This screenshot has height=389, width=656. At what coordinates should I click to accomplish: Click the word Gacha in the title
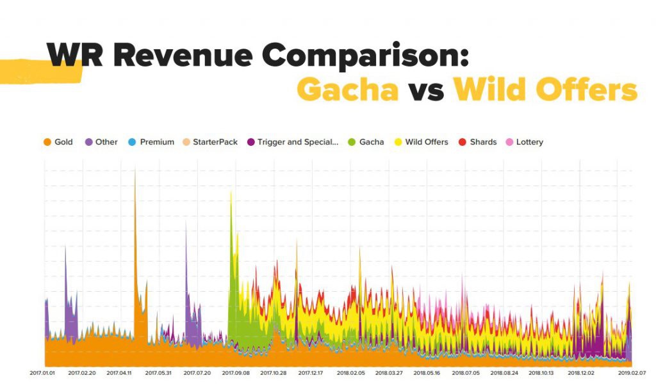347,90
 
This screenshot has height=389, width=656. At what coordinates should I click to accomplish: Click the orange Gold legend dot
47,142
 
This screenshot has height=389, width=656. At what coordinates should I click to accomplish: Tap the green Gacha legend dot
350,142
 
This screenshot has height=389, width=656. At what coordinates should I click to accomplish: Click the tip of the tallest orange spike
135,168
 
